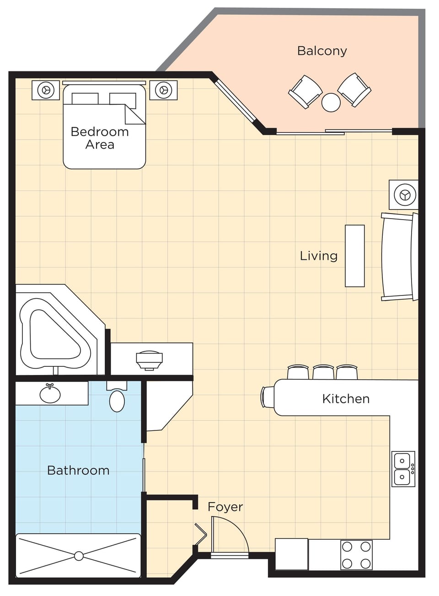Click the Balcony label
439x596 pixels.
pos(322,51)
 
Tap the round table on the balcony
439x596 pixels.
pos(331,102)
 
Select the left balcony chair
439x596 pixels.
pos(305,91)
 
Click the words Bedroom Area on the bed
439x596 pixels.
pos(100,138)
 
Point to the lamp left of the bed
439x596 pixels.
pos(46,90)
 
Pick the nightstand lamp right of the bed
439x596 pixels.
pos(163,90)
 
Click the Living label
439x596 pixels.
pos(318,256)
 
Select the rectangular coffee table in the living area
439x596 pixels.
pos(354,256)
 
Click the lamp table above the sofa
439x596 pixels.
pos(404,195)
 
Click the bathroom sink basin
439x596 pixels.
pos(50,393)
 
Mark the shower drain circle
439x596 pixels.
pos(79,556)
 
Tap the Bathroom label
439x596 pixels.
pos(78,470)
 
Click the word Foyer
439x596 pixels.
pos(225,507)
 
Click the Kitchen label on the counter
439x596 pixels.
pos(346,399)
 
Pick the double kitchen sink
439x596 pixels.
pos(402,469)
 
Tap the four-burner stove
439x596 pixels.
pos(356,555)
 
